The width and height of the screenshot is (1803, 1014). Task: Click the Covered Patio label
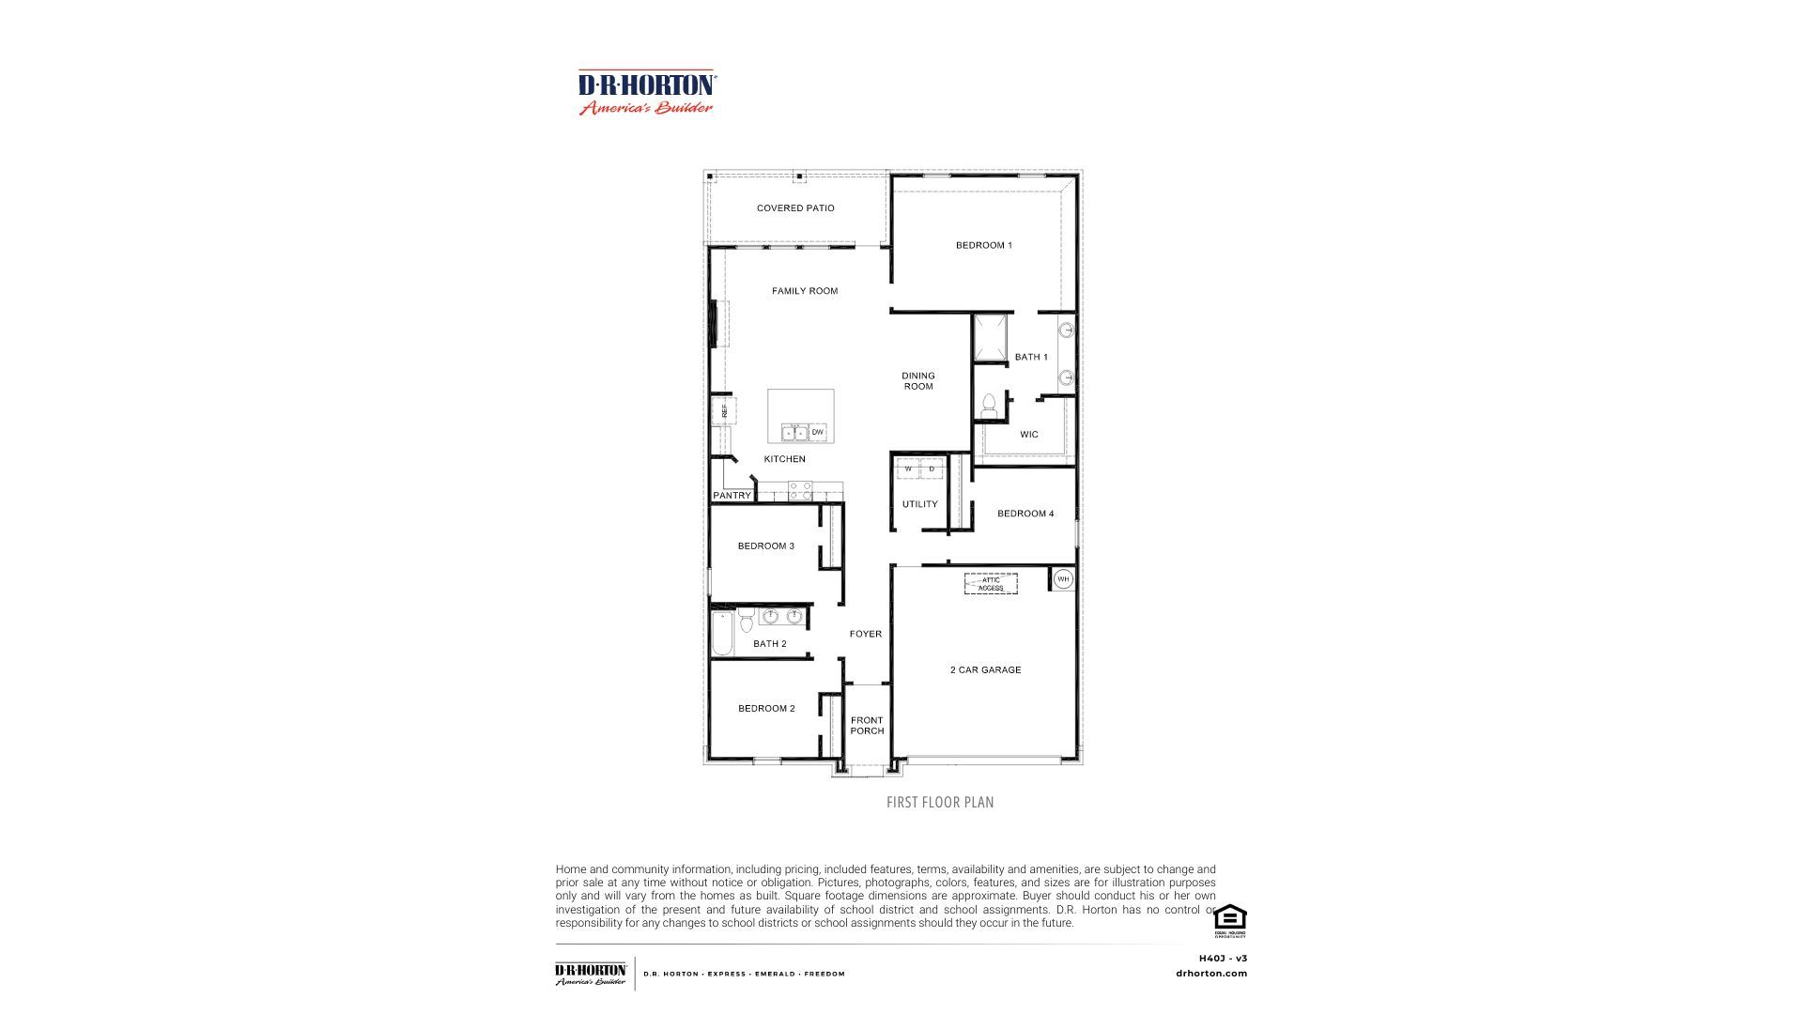point(795,208)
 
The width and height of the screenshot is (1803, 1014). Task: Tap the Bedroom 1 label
point(983,246)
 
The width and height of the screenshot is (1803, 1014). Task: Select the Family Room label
point(805,291)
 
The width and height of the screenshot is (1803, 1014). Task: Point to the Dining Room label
point(918,381)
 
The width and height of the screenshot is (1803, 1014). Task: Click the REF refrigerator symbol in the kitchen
point(724,411)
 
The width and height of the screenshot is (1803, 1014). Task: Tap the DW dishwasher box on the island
point(818,432)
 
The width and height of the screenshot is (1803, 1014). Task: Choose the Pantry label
point(732,496)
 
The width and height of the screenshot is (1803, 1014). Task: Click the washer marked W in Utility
point(908,469)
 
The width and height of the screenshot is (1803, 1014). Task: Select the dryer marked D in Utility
point(932,469)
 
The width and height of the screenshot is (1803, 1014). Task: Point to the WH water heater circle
point(1063,579)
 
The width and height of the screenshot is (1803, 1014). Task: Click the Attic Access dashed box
point(991,584)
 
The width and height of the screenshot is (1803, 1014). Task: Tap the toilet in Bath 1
point(988,406)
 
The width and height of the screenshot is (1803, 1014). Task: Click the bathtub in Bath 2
point(722,634)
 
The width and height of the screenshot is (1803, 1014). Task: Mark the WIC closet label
point(1029,435)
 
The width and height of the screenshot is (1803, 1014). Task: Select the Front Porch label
point(867,726)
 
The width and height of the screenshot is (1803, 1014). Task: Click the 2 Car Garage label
point(985,670)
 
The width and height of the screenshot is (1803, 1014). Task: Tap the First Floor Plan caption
point(940,803)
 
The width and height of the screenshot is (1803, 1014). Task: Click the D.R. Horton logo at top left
point(647,93)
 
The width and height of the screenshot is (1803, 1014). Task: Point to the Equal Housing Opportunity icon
point(1229,920)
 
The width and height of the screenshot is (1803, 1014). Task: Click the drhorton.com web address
point(1211,974)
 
